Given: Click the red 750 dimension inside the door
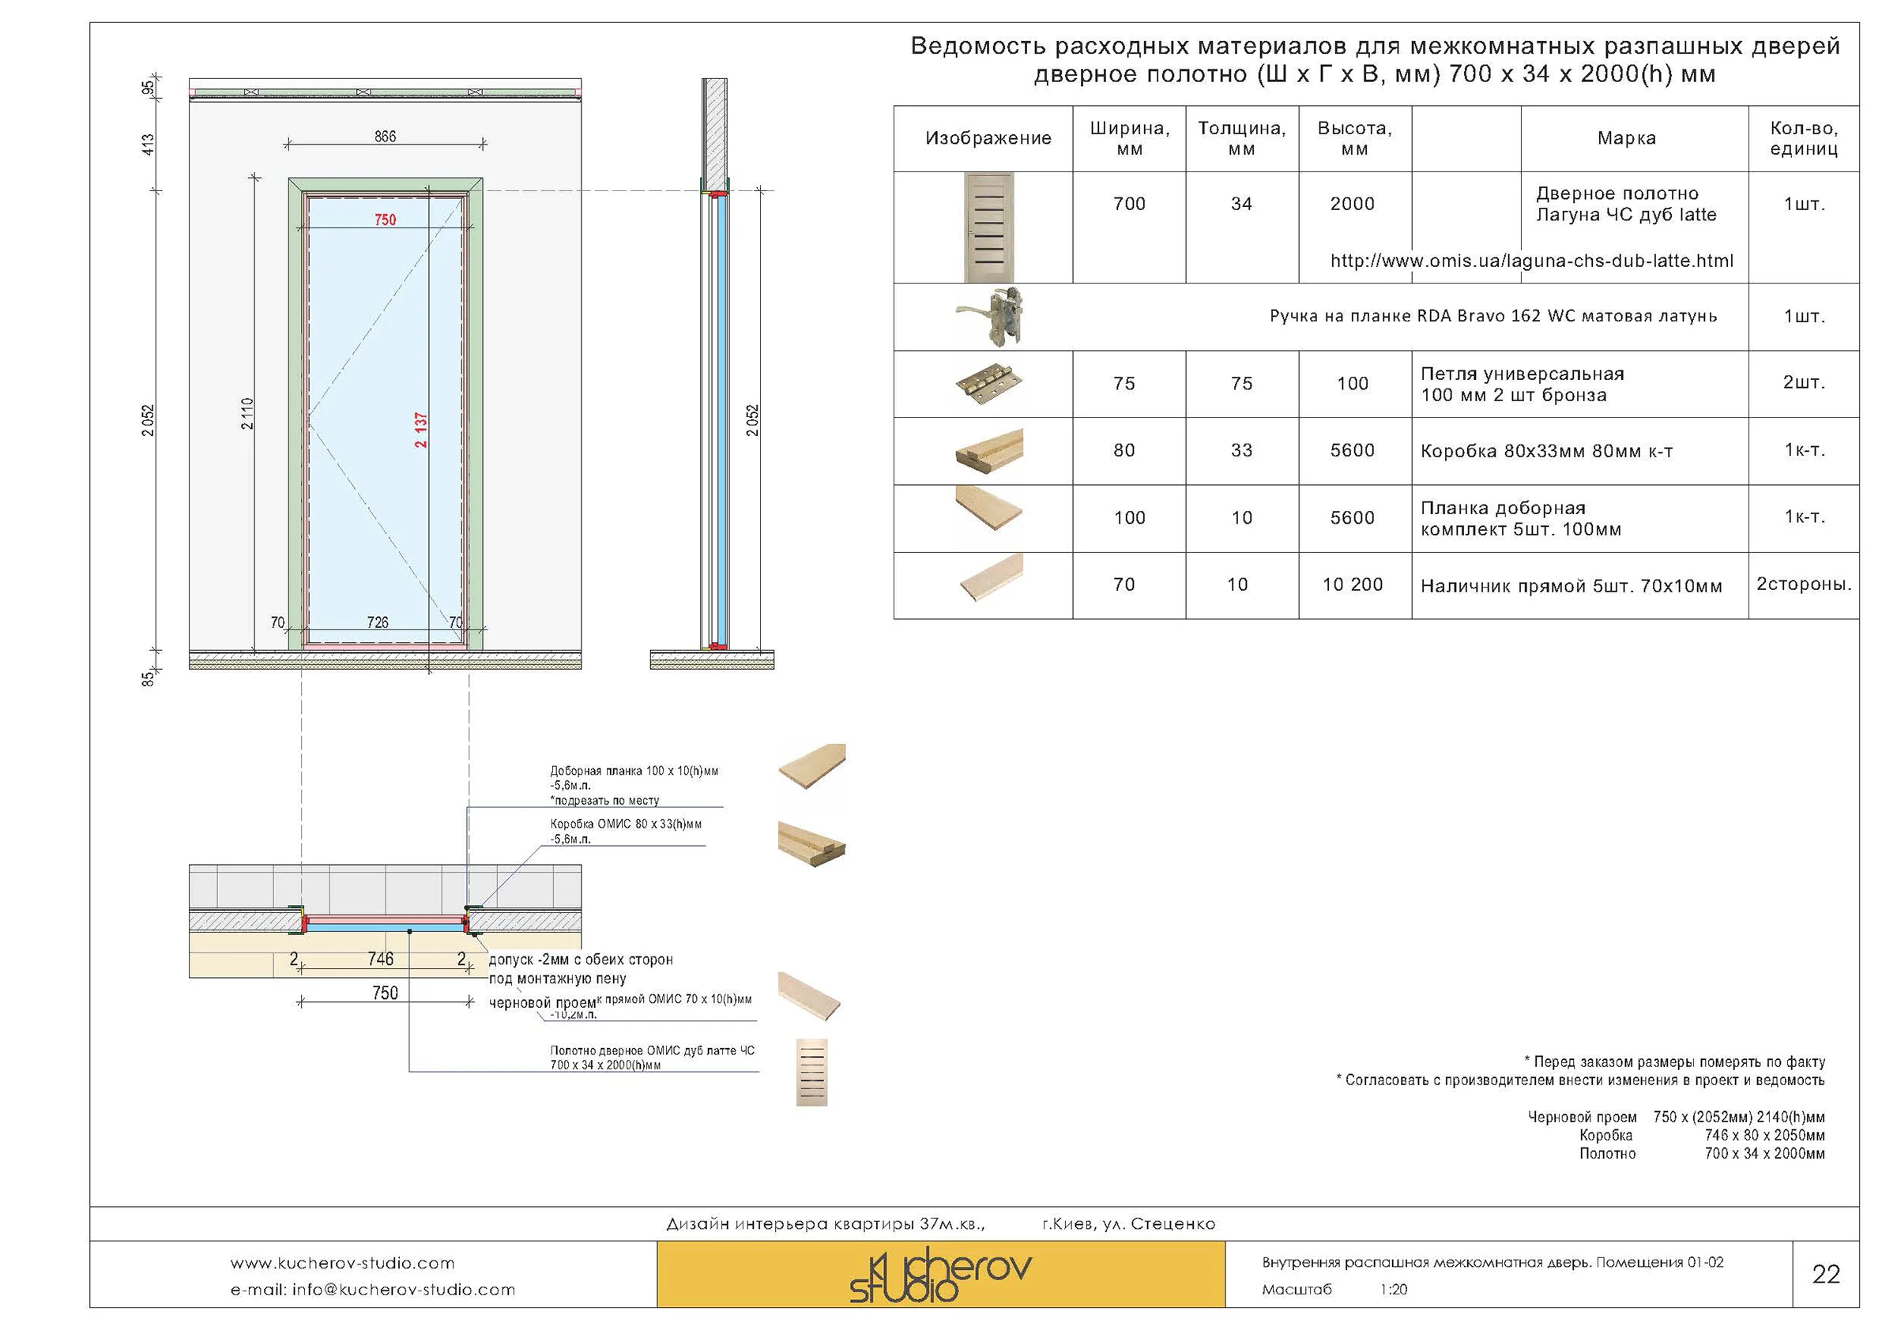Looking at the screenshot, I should click(386, 220).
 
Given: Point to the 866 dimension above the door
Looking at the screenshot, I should click(386, 137).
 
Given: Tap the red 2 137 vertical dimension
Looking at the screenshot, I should click(420, 430).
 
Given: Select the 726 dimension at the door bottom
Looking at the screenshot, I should click(378, 622).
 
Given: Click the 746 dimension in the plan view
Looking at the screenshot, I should click(380, 959).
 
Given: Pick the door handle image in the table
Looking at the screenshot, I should click(990, 317).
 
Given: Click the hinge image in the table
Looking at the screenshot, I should click(988, 384).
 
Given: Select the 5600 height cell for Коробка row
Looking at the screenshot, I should click(1353, 450).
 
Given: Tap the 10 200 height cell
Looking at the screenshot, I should click(1353, 584).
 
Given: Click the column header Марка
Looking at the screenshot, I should click(1626, 138).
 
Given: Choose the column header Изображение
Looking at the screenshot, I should click(988, 138).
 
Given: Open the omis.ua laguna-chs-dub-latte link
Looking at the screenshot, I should click(1531, 261).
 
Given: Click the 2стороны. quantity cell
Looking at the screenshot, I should click(1803, 584).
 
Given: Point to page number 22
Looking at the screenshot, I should click(1825, 1274).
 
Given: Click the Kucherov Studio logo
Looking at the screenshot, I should click(940, 1274).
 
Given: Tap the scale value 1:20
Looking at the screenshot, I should click(1394, 1290).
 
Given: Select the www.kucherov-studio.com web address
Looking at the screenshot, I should click(342, 1263).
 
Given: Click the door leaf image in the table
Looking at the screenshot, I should click(988, 227).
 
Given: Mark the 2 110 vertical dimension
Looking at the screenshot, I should click(247, 413).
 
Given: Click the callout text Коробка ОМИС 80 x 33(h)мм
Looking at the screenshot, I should click(626, 824).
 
